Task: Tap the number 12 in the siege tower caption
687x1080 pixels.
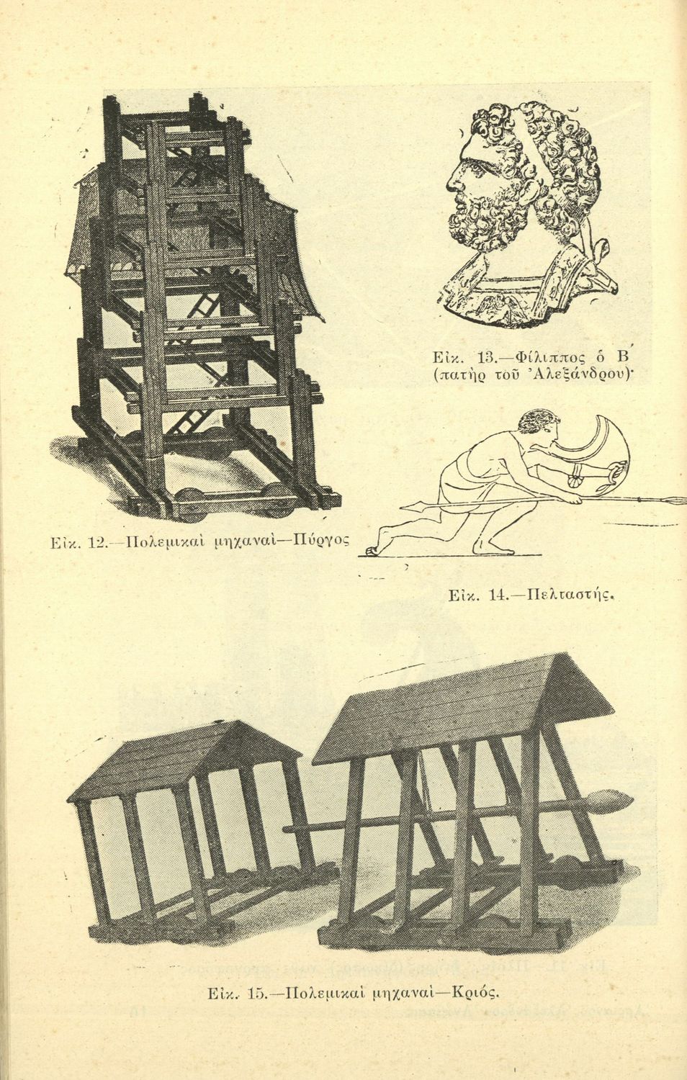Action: (x=97, y=543)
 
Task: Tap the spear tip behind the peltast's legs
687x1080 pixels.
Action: (x=412, y=506)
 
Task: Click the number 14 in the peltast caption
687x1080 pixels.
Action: (x=495, y=595)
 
